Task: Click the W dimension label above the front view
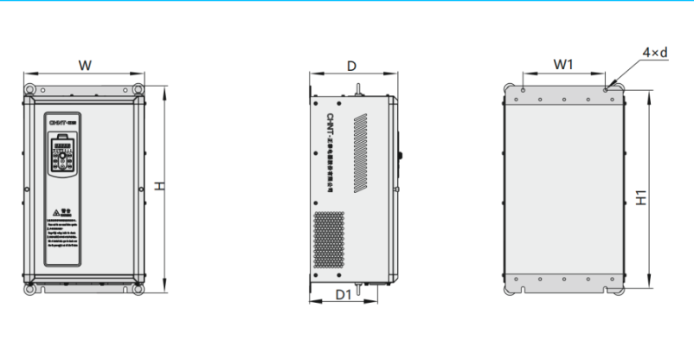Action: pyautogui.click(x=85, y=65)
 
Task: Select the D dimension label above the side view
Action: pyautogui.click(x=351, y=66)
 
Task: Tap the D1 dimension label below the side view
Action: pyautogui.click(x=343, y=295)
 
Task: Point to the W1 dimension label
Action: pyautogui.click(x=564, y=65)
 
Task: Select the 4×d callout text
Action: pyautogui.click(x=655, y=53)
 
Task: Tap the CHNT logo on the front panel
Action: pyautogui.click(x=62, y=126)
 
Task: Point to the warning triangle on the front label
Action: pyautogui.click(x=55, y=211)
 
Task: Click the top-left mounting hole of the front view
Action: pyautogui.click(x=30, y=90)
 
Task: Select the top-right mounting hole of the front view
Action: pyautogui.click(x=137, y=90)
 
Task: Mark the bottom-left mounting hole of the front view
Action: pyautogui.click(x=30, y=290)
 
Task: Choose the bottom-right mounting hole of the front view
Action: pyautogui.click(x=137, y=290)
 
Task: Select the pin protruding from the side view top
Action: pyautogui.click(x=356, y=88)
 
